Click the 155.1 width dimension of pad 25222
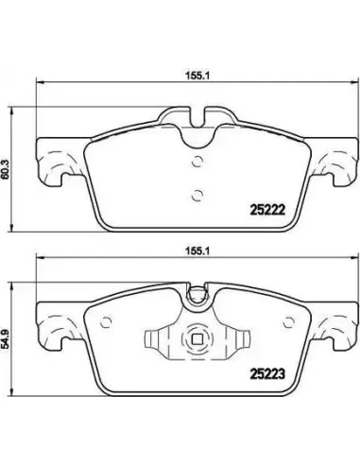[x=197, y=76]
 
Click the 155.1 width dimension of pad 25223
[x=197, y=251]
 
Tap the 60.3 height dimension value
[x=5, y=170]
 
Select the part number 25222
[x=267, y=210]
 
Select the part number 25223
[x=267, y=374]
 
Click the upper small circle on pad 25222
[x=197, y=162]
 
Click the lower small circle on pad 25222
[x=197, y=195]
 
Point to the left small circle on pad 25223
[x=106, y=322]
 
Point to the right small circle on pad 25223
[x=288, y=322]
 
